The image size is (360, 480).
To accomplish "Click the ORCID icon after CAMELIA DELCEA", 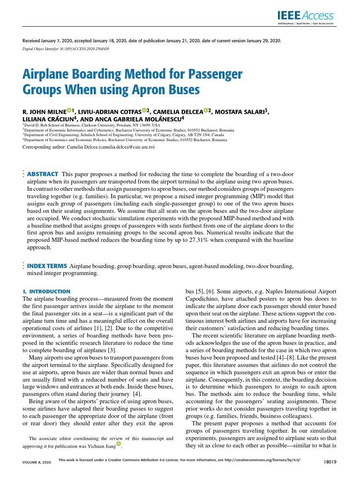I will (206, 111).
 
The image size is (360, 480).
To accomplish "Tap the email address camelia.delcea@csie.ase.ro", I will (125, 147).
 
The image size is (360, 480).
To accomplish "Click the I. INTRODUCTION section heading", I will (46, 292).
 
